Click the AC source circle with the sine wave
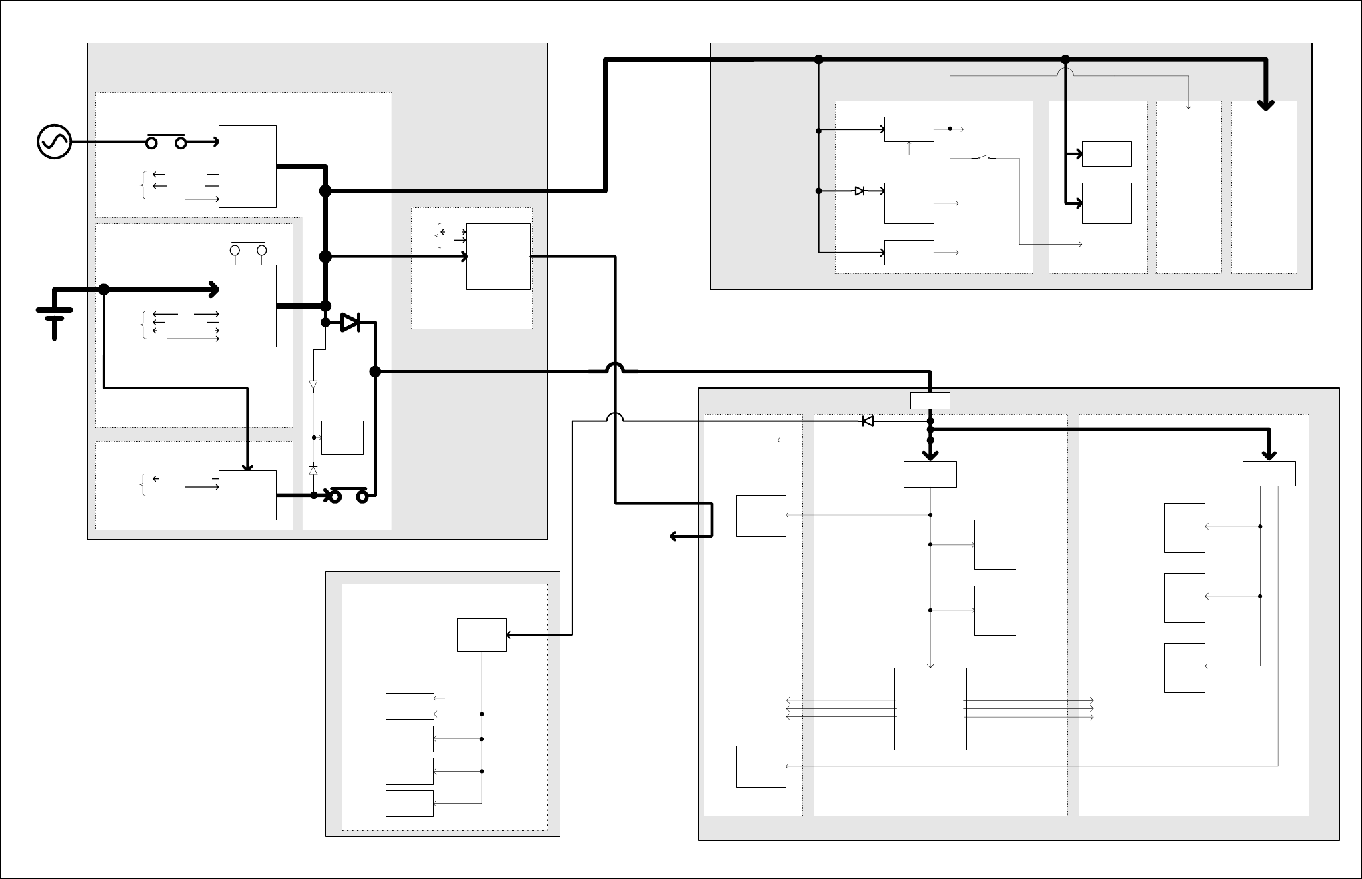55,142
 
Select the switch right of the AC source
166,141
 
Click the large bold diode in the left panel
350,323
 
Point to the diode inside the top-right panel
860,191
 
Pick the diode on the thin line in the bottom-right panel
868,421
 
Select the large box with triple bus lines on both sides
930,709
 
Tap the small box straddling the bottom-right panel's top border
930,401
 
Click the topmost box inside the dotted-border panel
482,635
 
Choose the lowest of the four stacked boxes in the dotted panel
410,804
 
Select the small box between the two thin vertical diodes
342,438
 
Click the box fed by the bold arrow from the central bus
498,257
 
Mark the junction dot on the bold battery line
104,289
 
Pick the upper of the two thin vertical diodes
313,385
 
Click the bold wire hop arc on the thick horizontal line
614,367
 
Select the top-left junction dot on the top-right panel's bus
819,59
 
